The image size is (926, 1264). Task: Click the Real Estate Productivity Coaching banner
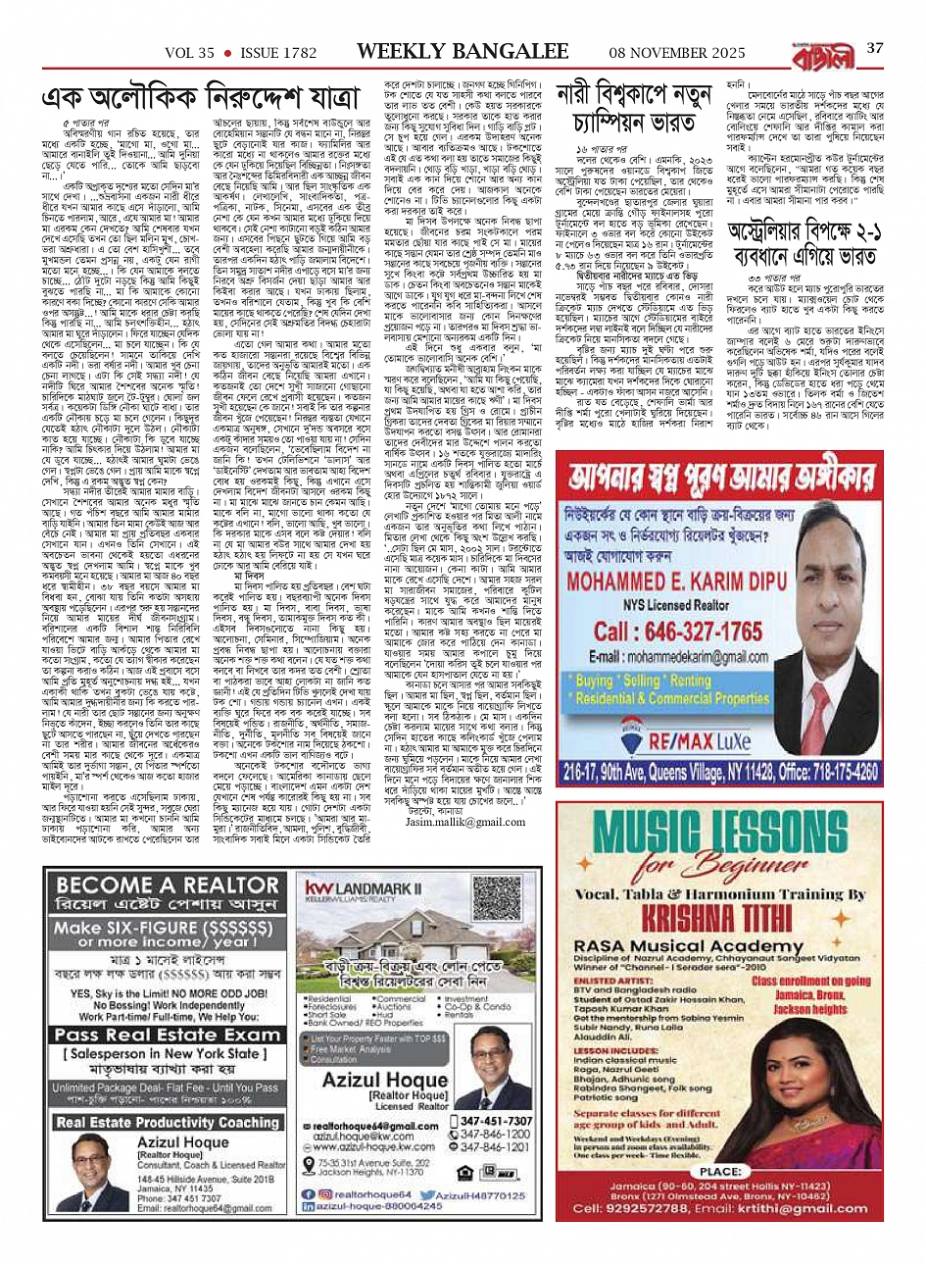pos(167,1122)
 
